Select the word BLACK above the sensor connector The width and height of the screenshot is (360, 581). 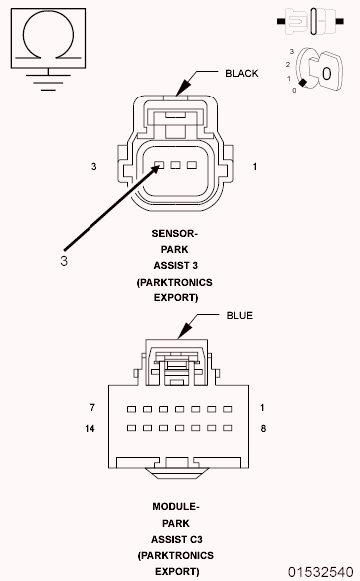(242, 73)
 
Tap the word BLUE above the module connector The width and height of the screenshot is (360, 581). (239, 316)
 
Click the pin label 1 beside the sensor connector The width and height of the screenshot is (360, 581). (255, 166)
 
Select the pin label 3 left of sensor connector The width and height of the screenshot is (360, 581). (94, 166)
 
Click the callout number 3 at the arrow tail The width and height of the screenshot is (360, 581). (64, 261)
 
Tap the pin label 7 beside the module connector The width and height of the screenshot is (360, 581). (92, 408)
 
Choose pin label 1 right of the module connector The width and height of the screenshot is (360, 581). (261, 408)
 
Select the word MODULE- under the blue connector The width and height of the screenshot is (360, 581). (176, 507)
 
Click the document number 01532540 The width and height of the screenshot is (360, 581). (321, 572)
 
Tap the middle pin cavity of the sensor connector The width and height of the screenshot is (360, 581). (174, 165)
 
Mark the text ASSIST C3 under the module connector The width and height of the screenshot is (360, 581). (176, 538)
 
